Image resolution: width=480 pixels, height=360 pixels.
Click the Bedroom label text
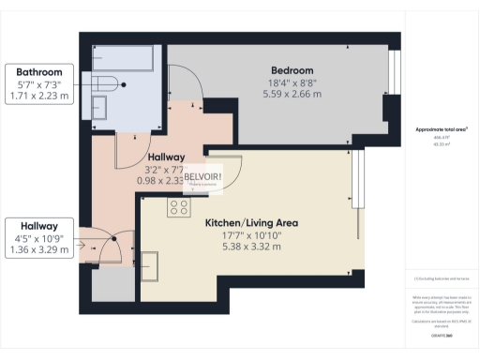point(292,70)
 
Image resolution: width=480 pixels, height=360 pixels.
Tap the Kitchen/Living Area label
point(251,223)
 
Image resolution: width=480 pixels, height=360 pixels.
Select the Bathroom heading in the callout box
point(38,72)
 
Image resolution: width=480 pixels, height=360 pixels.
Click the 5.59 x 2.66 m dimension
point(292,94)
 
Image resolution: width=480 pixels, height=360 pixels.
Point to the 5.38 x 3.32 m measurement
point(251,247)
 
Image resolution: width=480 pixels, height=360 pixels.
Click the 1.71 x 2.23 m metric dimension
point(38,96)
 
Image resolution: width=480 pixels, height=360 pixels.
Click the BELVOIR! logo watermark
point(202,177)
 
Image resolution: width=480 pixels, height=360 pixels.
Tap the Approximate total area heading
point(442,129)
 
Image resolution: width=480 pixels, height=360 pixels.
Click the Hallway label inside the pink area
point(166,157)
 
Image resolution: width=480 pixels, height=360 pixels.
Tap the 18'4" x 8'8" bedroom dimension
point(292,82)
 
